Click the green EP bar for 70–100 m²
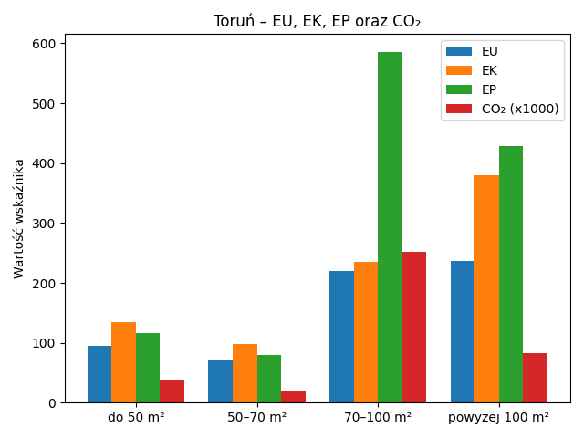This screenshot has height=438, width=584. point(390,227)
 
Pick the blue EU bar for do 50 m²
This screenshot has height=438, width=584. point(99,374)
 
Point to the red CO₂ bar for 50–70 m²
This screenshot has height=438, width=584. point(293,396)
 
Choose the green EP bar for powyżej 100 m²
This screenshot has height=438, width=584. point(511,274)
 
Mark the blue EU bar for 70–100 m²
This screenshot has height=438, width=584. point(341,337)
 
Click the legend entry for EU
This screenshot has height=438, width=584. point(489,51)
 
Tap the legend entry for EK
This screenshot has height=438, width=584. point(489,70)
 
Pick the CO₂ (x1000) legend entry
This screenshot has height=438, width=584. point(520,109)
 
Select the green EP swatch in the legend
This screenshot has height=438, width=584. point(459,89)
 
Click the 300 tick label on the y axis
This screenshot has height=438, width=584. point(46,224)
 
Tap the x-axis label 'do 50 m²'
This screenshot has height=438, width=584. point(136,417)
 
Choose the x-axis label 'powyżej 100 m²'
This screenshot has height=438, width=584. point(498,417)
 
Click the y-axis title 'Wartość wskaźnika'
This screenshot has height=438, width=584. point(19,219)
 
